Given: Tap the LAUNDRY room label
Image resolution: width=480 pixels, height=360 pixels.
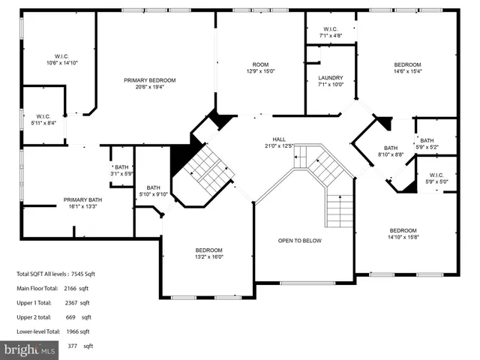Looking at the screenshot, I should click(x=330, y=78).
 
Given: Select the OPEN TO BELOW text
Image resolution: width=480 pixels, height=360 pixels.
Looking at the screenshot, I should click(x=300, y=241).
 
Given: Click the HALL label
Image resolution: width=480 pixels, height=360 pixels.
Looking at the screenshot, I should click(x=279, y=139).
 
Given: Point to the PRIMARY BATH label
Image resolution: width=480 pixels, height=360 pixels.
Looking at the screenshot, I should click(x=82, y=199).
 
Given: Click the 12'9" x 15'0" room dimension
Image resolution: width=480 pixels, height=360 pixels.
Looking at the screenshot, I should click(x=259, y=71).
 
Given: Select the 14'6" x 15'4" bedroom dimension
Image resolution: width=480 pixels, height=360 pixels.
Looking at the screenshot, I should click(x=408, y=71).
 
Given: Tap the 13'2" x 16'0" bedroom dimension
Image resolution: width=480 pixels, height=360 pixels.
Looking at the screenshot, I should click(x=209, y=256).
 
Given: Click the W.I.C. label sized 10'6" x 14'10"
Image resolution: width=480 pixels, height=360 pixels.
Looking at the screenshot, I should click(x=61, y=56).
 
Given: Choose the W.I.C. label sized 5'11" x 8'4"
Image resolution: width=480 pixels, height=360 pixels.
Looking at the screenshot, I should click(x=43, y=116).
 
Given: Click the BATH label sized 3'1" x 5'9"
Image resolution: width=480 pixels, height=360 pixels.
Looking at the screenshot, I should click(x=121, y=167).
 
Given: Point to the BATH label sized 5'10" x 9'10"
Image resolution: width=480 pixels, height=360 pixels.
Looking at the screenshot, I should click(x=153, y=187).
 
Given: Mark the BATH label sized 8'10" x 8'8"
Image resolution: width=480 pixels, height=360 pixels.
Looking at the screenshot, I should click(x=391, y=148).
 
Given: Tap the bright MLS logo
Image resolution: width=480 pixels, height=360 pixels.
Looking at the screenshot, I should click(x=30, y=349).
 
